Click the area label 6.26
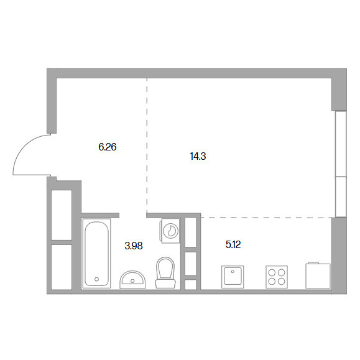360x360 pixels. point(107,147)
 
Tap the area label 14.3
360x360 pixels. point(198,156)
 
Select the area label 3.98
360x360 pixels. point(134,246)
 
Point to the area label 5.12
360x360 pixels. point(233,245)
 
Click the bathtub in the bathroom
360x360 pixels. point(96,254)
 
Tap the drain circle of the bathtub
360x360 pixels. point(96,279)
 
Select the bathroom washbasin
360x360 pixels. point(132,280)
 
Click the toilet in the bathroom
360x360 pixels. point(165,273)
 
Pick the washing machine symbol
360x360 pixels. point(170,231)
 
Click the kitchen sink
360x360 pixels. point(233,277)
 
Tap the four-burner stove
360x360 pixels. point(277,277)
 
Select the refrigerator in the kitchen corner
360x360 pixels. point(318,275)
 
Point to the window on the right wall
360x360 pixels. point(341,164)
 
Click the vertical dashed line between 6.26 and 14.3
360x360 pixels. point(147,145)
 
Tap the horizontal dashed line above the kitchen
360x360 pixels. point(267,217)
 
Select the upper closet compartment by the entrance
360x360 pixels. point(62,215)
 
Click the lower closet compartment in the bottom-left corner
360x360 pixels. point(62,267)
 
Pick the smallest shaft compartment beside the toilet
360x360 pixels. point(190,285)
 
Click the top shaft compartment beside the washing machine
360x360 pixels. point(190,233)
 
